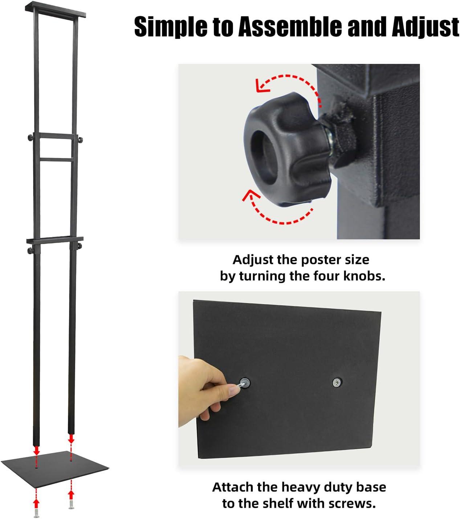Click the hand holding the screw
(207, 389)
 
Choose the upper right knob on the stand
(81, 140)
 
